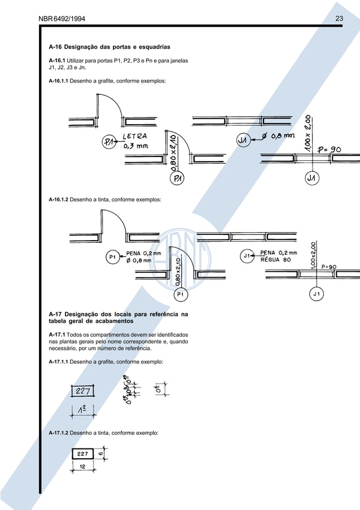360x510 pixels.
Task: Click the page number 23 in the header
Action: tap(339, 19)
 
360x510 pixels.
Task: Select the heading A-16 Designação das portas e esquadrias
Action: tap(110, 46)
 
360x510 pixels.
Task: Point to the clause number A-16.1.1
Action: tap(59, 81)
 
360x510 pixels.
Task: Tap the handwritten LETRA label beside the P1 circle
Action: tap(135, 136)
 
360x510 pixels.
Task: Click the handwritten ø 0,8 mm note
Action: tap(280, 136)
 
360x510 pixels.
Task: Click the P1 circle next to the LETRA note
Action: tap(111, 142)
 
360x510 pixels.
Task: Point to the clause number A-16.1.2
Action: tap(59, 200)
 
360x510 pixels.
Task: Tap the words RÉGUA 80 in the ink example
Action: tap(275, 260)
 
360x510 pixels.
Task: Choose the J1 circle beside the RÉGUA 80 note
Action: tap(247, 256)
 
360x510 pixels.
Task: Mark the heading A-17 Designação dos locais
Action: tap(118, 317)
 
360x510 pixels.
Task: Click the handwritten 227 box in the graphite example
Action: tap(82, 391)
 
